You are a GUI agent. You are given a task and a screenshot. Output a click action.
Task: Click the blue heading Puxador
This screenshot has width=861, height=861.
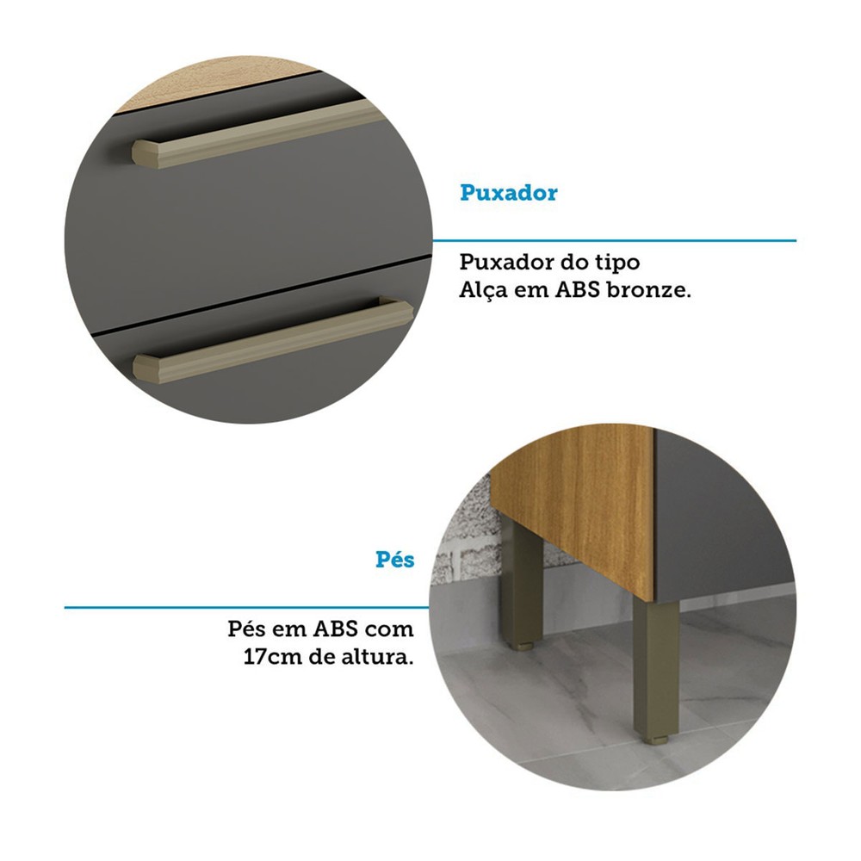(x=509, y=193)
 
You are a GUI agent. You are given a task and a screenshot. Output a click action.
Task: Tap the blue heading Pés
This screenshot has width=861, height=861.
(x=395, y=560)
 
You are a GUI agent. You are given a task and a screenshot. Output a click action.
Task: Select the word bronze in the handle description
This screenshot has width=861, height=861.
(x=649, y=289)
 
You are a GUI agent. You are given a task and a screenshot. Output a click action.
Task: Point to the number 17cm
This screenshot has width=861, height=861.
(x=273, y=657)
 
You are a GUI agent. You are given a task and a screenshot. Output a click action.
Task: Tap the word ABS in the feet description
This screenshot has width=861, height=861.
(x=336, y=629)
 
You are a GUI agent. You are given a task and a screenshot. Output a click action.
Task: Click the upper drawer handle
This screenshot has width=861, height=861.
(x=257, y=134)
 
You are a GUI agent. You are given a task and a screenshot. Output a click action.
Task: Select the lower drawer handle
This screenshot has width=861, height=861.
(x=273, y=340)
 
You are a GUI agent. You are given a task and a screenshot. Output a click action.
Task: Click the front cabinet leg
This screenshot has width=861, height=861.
(x=655, y=670)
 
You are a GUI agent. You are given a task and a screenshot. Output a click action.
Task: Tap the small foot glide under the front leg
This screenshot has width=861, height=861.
(x=654, y=740)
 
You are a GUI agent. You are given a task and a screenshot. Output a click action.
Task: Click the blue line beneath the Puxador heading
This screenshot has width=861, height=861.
(x=614, y=240)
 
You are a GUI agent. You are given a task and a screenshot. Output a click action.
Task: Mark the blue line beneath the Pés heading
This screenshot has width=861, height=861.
(x=247, y=607)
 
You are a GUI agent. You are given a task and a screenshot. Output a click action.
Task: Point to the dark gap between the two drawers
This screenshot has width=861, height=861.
(x=258, y=294)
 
